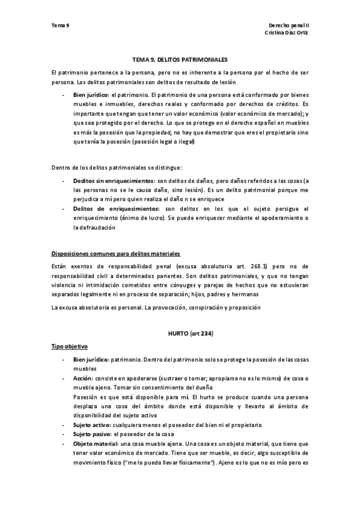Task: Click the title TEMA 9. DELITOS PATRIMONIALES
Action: (180, 60)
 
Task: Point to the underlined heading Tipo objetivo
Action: (71, 347)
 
